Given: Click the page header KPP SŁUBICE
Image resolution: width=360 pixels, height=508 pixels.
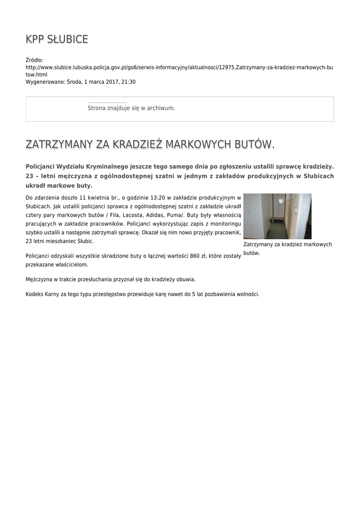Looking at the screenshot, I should coord(57,39).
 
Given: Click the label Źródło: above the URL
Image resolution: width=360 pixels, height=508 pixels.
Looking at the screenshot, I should coord(34,60).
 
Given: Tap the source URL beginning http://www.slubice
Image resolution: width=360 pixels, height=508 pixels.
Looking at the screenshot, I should coord(179,67).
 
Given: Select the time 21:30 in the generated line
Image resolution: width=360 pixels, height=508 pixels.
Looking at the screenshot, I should coord(129,82).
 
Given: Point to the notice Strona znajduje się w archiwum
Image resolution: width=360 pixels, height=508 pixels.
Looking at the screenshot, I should coord(131,108).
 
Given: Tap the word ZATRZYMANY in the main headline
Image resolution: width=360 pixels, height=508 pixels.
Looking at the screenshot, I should coord(59,144).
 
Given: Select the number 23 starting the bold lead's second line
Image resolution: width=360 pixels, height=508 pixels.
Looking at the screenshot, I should coord(29,176).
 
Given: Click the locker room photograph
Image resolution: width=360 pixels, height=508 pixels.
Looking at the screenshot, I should coord(277,216).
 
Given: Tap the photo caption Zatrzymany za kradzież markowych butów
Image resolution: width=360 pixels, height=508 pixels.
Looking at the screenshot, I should coord(287,249).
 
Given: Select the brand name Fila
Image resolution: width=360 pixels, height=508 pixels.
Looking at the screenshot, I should coord(112,215).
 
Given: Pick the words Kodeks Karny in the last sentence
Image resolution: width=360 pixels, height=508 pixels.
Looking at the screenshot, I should coord(43,294).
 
